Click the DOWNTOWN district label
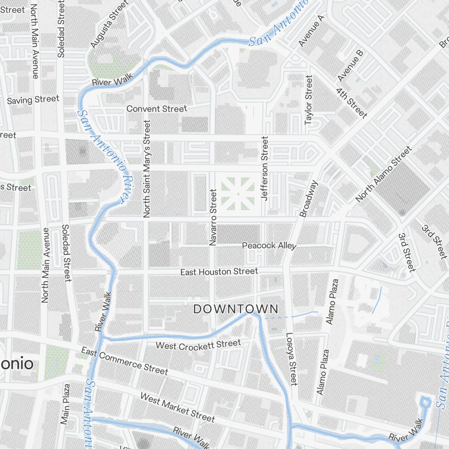tap(236, 309)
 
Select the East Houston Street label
tap(219, 272)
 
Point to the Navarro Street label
tap(213, 217)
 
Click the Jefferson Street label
tap(264, 168)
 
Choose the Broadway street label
tap(309, 199)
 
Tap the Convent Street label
tap(156, 109)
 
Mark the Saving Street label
tap(33, 100)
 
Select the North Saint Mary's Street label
tap(146, 169)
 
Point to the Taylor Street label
tap(308, 100)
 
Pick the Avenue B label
tap(350, 66)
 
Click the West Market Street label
tap(177, 407)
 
